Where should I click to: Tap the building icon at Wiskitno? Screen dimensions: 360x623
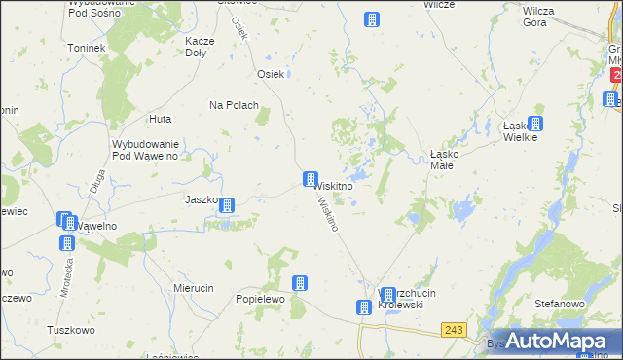click(310, 180)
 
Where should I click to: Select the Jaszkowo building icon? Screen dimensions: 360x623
click(226, 205)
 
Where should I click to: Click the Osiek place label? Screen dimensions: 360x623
click(269, 74)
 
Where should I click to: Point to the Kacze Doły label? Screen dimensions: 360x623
click(200, 49)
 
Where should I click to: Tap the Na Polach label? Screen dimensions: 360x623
click(234, 105)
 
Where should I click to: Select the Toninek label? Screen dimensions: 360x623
click(85, 47)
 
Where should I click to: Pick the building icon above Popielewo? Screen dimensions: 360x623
click(300, 282)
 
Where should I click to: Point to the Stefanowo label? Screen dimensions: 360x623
click(559, 304)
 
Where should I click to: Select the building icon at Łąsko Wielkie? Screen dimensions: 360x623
click(534, 124)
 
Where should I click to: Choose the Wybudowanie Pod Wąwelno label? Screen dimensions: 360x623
click(143, 149)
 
